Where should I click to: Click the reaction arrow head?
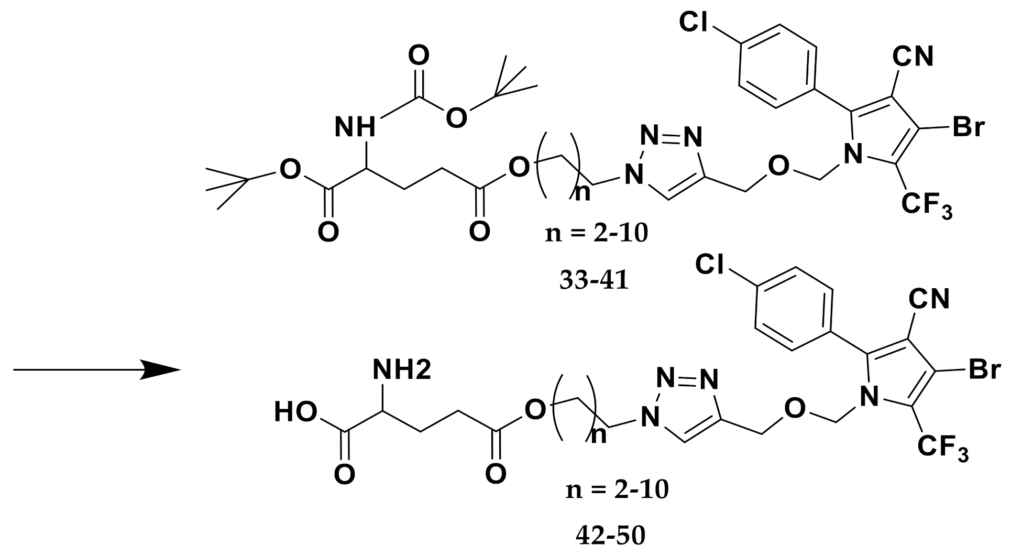(x=162, y=370)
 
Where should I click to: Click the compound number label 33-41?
(x=594, y=280)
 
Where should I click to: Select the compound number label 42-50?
(x=610, y=535)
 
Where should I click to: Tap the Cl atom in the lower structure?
(x=710, y=265)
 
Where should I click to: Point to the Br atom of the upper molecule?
(x=969, y=128)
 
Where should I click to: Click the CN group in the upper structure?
(x=913, y=56)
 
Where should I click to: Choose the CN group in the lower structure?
(x=929, y=299)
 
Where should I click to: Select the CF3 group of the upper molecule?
(x=926, y=206)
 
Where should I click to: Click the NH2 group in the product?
(x=402, y=370)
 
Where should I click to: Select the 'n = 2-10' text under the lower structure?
(x=617, y=489)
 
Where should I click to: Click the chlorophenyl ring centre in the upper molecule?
(x=777, y=66)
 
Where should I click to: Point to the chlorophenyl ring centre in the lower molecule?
(x=793, y=309)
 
